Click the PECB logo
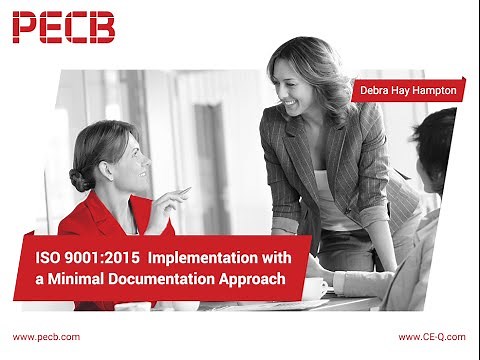(x=63, y=27)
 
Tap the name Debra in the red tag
(x=377, y=90)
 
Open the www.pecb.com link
(x=46, y=337)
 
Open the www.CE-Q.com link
(x=432, y=337)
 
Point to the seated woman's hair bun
(x=80, y=178)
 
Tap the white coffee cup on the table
(x=315, y=288)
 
